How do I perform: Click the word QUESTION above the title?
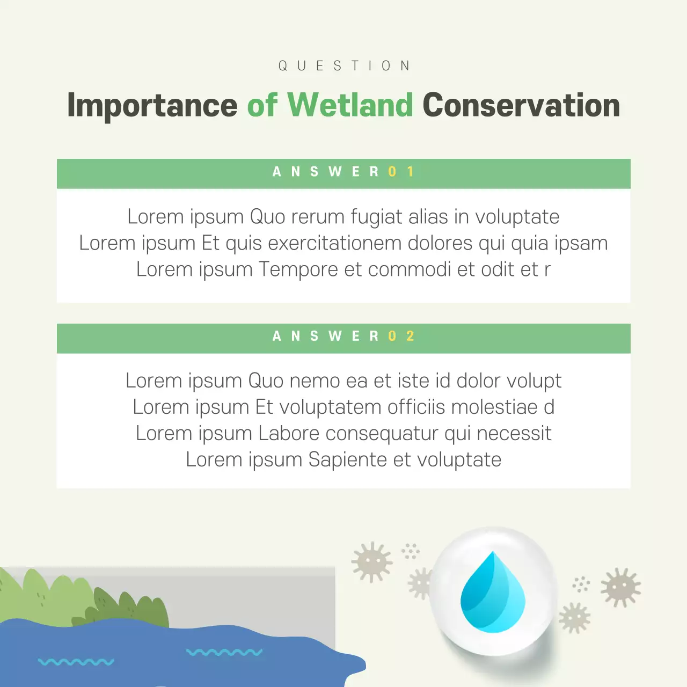tap(344, 66)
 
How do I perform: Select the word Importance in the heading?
tap(152, 105)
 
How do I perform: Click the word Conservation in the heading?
tap(521, 105)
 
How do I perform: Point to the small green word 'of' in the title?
tap(262, 105)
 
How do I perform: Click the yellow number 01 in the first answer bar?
tap(401, 172)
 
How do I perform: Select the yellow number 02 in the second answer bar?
tap(401, 337)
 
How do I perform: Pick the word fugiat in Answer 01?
tap(376, 217)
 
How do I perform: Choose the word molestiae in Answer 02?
tap(494, 407)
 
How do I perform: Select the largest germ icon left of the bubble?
tap(371, 562)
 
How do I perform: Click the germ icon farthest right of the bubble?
tap(620, 587)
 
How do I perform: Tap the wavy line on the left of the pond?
tap(76, 662)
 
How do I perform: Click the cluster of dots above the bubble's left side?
tap(411, 551)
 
